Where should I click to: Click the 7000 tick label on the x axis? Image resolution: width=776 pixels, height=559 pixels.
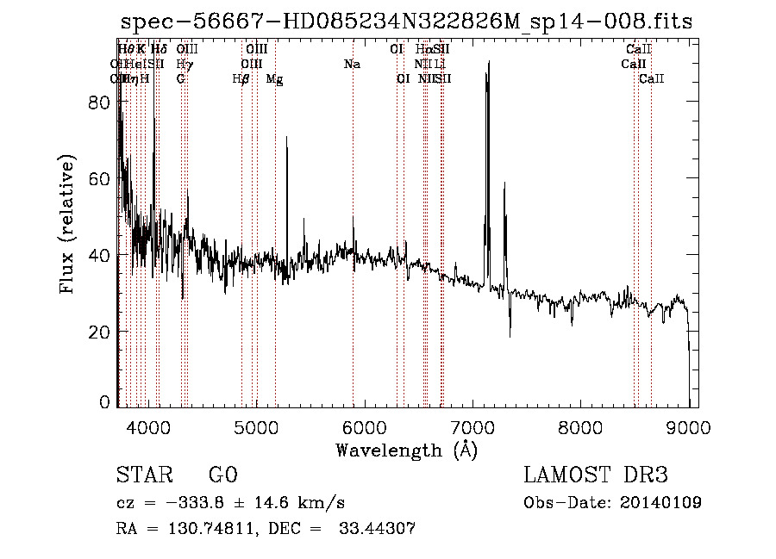click(472, 426)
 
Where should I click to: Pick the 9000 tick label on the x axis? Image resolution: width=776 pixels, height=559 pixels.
click(689, 426)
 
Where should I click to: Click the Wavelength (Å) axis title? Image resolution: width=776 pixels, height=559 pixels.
click(405, 450)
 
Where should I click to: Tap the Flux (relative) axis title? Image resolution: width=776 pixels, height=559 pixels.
click(68, 224)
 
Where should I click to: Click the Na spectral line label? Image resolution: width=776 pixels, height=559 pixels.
click(351, 64)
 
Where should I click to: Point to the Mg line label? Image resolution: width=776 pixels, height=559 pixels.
click(274, 79)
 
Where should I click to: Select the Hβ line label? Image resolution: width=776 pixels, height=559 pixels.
click(241, 79)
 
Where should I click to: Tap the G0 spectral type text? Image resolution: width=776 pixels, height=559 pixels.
click(222, 475)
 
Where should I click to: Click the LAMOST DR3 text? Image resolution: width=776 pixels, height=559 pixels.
click(595, 475)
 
